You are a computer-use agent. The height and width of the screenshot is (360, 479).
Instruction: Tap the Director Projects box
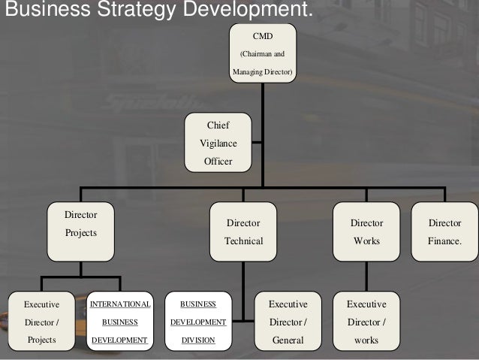pyautogui.click(x=80, y=231)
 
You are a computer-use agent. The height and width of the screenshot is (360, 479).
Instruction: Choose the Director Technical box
pyautogui.click(x=243, y=231)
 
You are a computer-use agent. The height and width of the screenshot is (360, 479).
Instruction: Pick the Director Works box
pyautogui.click(x=366, y=231)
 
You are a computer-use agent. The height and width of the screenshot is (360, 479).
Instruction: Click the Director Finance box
pyautogui.click(x=444, y=231)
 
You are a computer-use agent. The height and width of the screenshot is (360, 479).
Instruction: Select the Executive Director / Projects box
pyautogui.click(x=41, y=322)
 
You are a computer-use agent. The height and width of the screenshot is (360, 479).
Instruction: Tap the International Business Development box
pyautogui.click(x=120, y=322)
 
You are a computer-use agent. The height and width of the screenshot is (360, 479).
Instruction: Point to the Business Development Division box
pyautogui.click(x=198, y=322)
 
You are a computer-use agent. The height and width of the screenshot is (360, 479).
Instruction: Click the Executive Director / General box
pyautogui.click(x=288, y=322)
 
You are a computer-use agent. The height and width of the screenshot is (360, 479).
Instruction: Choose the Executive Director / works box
pyautogui.click(x=366, y=322)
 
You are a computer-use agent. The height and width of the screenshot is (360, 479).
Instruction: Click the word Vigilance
pyautogui.click(x=218, y=143)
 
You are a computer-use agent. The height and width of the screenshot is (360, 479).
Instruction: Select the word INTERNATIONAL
pyautogui.click(x=120, y=304)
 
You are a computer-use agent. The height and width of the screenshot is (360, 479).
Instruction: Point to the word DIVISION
pyautogui.click(x=198, y=340)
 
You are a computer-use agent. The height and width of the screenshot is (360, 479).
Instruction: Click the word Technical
pyautogui.click(x=243, y=241)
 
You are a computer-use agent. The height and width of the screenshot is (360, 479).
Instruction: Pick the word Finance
pyautogui.click(x=444, y=241)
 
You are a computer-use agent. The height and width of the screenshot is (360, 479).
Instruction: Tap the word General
pyautogui.click(x=288, y=340)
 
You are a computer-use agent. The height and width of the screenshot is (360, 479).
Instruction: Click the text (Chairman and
pyautogui.click(x=262, y=54)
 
